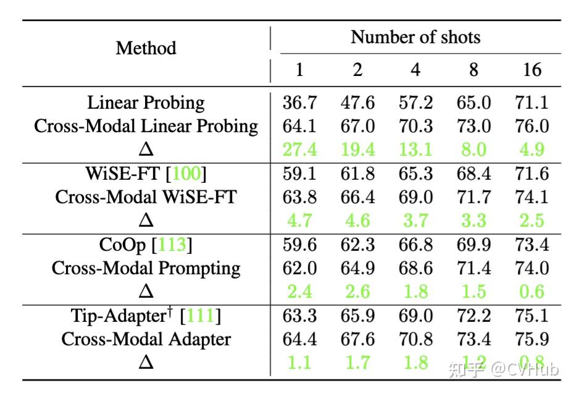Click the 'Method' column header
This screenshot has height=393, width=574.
point(146,48)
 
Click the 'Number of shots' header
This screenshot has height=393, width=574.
point(415,37)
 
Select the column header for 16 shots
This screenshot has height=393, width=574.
point(531,69)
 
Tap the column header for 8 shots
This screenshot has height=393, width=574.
point(473,69)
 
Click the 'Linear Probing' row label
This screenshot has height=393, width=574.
point(146,103)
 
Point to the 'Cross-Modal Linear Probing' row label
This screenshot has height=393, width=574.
point(146,126)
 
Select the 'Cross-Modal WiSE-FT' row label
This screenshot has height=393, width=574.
point(146,197)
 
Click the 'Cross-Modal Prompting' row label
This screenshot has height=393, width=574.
point(146,268)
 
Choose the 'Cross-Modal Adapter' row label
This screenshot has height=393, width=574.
point(146,339)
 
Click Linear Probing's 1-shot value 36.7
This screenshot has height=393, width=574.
point(299,103)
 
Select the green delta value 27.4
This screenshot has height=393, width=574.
point(299,150)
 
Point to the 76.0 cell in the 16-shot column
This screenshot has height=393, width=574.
point(531,126)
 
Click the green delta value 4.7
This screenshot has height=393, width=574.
point(299,221)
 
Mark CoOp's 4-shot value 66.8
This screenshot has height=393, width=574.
point(415,245)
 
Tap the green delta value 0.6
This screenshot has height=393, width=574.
point(531,292)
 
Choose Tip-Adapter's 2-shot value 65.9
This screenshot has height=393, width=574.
point(357,316)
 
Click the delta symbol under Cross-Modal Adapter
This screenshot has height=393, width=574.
point(146,363)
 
